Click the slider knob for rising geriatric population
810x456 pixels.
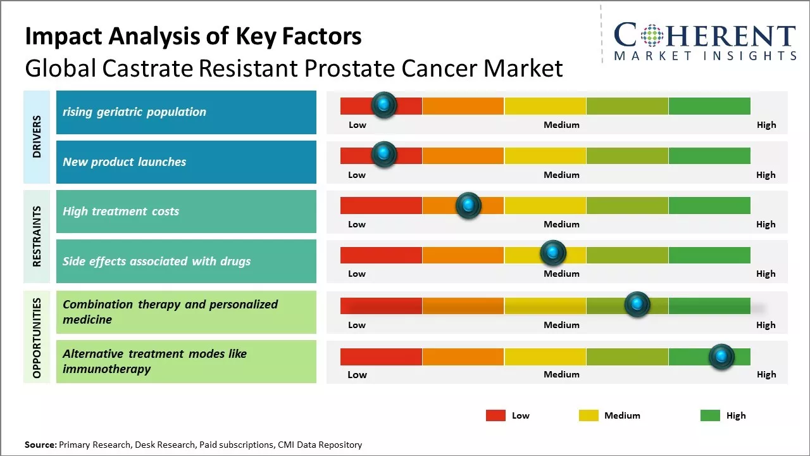pos(383,105)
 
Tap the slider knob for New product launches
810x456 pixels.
pos(383,155)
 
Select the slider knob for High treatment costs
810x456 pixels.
pos(468,205)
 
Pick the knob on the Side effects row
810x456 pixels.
pos(553,253)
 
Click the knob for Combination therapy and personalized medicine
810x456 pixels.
pos(637,305)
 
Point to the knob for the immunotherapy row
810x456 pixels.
pos(721,357)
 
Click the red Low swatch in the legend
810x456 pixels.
pos(495,415)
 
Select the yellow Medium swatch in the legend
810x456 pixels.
pos(589,415)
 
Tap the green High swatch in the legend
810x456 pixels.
pos(710,415)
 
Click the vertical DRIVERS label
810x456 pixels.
pos(37,137)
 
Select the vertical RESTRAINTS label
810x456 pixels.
pos(37,236)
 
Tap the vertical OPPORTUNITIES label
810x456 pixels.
pos(37,338)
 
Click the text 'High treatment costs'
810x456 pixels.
pos(121,212)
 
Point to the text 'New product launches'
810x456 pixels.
pos(124,162)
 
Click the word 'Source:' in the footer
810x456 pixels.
pos(40,445)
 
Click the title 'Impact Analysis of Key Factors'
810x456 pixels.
pos(193,37)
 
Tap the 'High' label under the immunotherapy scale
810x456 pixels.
pos(766,374)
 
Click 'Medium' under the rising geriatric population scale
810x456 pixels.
pos(561,125)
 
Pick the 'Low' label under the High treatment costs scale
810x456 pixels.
pos(357,224)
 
